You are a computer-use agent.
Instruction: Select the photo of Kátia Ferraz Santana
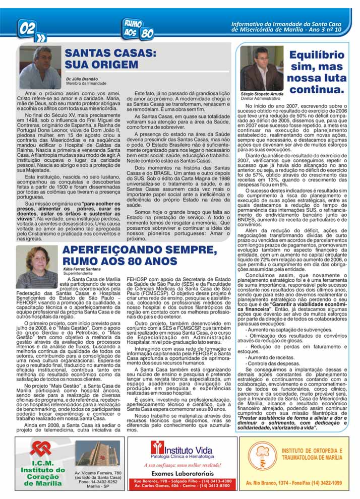[x=36, y=267]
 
